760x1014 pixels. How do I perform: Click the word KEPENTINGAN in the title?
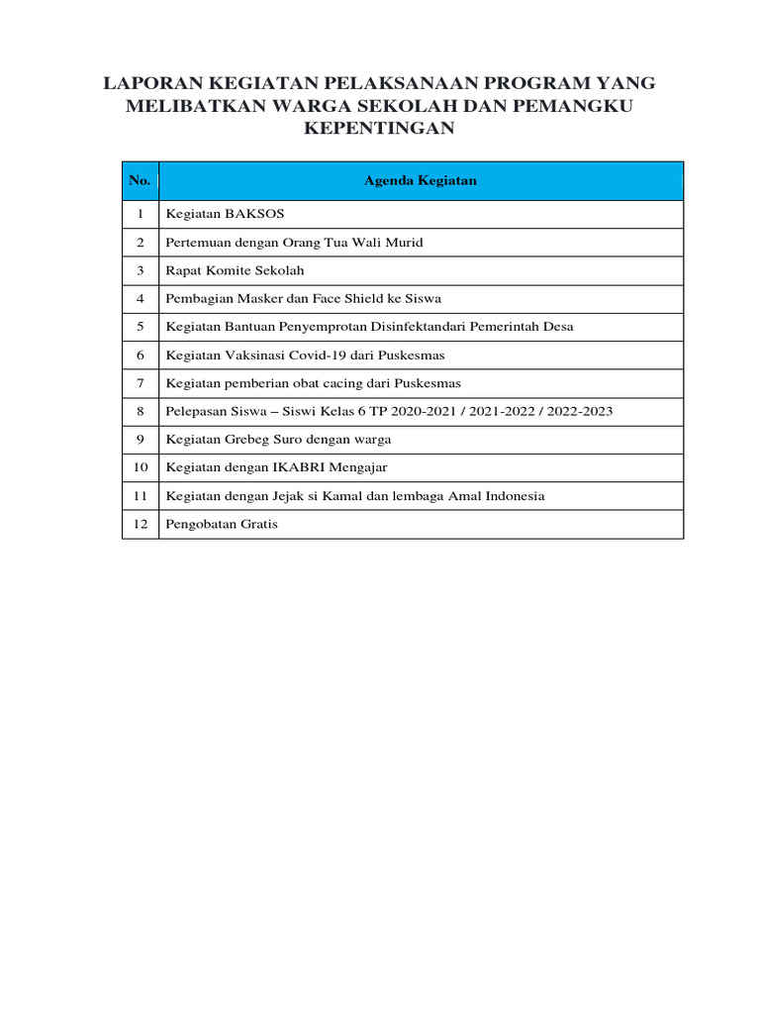point(380,129)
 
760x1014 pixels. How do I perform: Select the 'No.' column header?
point(140,180)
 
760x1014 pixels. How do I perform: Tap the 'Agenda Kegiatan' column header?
point(421,180)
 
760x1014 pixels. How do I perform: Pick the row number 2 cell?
point(141,243)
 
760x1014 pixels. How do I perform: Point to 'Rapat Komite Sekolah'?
point(236,270)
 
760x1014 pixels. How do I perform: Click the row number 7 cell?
point(141,382)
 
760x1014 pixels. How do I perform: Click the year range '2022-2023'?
point(582,410)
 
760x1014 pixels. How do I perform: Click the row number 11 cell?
point(141,495)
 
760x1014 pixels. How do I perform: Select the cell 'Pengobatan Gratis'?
point(223,524)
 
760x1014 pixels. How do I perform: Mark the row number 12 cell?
point(141,524)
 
